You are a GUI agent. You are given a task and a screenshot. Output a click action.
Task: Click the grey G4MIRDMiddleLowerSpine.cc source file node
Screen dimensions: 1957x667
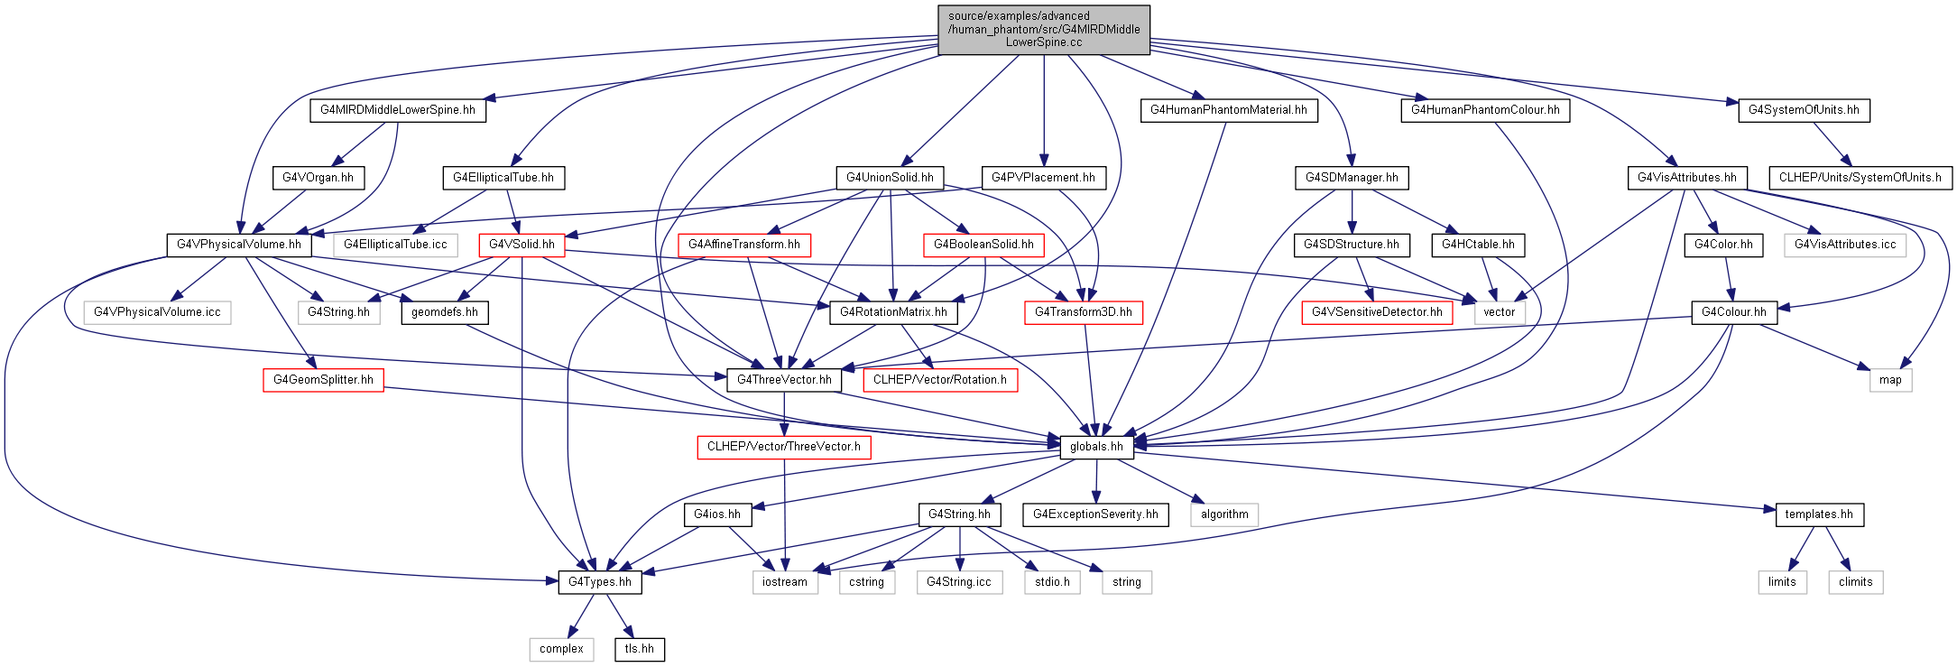pos(1044,30)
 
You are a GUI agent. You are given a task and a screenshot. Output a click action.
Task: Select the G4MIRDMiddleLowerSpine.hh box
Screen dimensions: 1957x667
pos(398,110)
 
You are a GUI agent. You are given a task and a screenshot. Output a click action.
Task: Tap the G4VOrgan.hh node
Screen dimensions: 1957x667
pos(318,178)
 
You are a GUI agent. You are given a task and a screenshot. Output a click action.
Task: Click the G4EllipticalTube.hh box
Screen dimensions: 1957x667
pos(503,178)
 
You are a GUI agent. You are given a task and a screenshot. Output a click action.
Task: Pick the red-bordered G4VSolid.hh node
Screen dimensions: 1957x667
pos(522,245)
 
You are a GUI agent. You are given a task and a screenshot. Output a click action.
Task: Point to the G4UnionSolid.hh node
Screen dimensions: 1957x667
pos(890,178)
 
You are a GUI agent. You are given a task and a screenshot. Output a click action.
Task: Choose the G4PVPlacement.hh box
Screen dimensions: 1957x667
pos(1043,178)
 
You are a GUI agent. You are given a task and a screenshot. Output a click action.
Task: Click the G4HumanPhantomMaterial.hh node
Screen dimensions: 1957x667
pos(1229,110)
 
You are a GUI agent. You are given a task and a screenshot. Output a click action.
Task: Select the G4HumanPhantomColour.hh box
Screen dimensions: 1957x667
pos(1485,110)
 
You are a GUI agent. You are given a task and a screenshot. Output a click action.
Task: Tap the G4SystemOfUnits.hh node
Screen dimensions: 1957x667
pos(1804,110)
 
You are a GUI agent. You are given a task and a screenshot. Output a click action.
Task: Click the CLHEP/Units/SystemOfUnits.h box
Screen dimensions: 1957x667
pos(1860,178)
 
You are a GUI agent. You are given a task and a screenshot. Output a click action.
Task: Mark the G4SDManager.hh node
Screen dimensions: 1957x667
pos(1352,178)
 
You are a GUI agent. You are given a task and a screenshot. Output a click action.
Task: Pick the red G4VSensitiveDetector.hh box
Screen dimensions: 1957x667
pos(1377,312)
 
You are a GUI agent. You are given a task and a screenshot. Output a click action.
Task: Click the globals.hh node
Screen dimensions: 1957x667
pos(1096,447)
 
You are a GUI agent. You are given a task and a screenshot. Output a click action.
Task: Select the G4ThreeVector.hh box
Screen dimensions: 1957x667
pos(784,380)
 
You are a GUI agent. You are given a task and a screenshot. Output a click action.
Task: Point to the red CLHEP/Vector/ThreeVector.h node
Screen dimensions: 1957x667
pos(784,447)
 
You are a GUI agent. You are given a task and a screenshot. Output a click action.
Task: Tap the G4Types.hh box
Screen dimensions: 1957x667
pos(600,582)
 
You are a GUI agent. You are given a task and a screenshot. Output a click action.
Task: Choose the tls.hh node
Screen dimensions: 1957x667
pos(640,649)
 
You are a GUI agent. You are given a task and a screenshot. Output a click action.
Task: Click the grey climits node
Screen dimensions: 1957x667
pos(1856,582)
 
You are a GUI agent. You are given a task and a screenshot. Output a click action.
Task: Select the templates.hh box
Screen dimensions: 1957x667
pos(1819,514)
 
